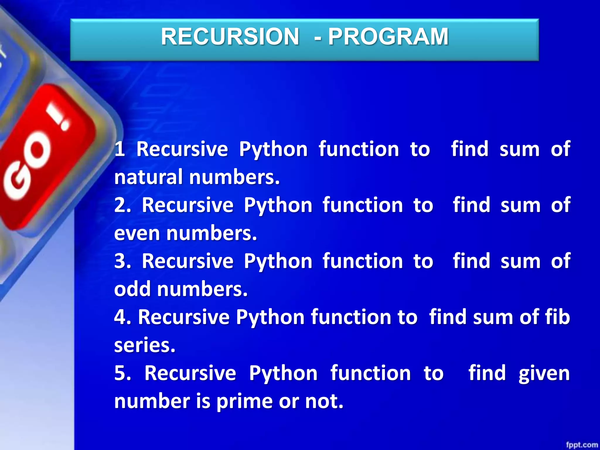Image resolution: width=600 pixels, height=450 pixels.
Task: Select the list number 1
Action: pos(120,149)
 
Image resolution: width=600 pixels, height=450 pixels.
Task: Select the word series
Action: pos(144,345)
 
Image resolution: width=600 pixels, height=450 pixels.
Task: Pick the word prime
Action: pos(245,401)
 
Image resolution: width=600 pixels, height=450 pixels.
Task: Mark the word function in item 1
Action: pos(359,149)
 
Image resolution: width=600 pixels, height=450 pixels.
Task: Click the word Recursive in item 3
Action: pos(188,261)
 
